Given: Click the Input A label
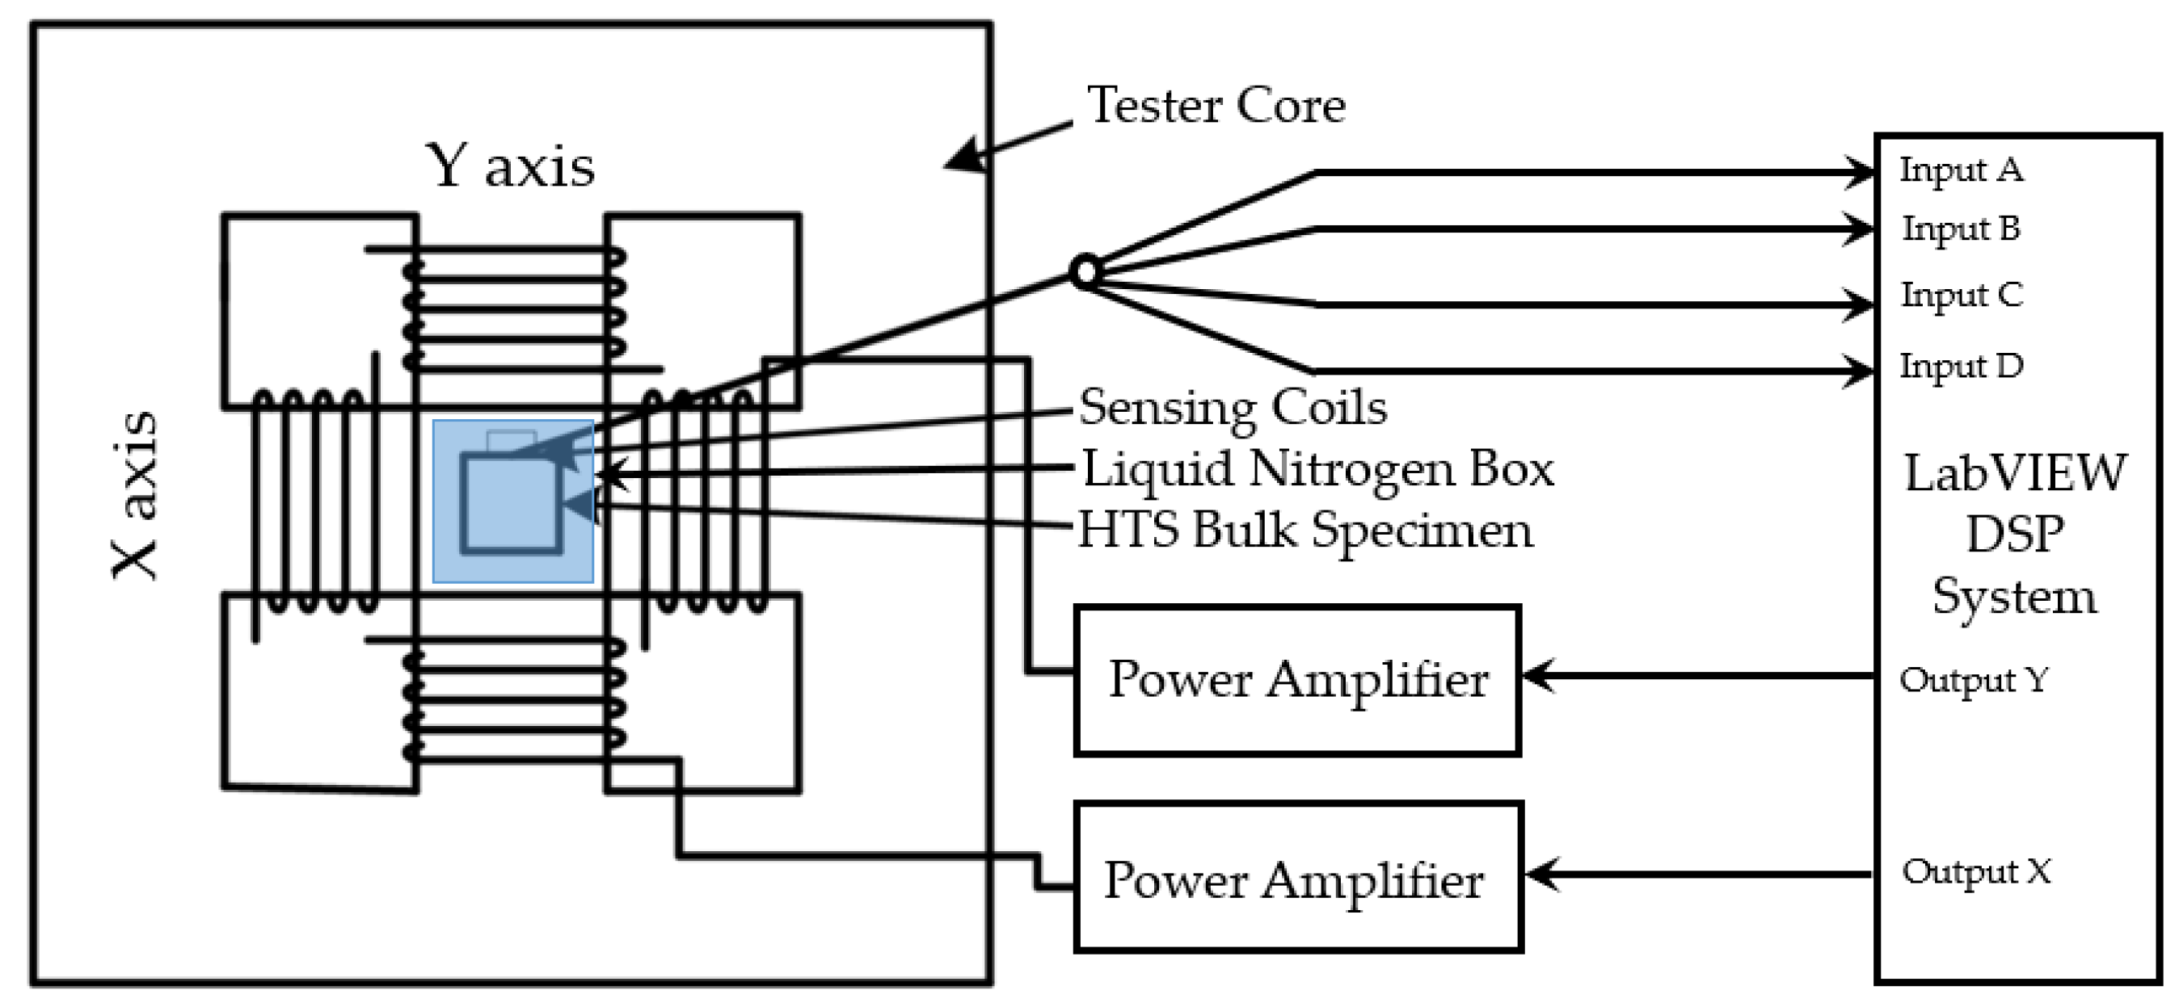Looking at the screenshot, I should point(1961,170).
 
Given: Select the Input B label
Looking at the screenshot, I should point(1961,229).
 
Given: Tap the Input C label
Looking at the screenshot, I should point(1962,295).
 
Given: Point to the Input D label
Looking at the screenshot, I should point(1962,366).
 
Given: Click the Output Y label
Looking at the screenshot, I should point(1974,680).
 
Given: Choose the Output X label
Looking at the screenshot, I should point(1976,871).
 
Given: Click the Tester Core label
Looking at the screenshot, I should point(1216,106).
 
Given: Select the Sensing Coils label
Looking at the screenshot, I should point(1233,408).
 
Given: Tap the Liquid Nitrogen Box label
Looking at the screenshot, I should point(1318,468).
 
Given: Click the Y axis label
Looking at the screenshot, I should point(510,166).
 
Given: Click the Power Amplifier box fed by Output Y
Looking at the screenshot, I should point(1297,680).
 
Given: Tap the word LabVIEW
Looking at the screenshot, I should point(2015,472).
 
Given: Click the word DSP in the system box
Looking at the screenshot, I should point(2015,535).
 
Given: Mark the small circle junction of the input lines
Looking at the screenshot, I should point(1085,272).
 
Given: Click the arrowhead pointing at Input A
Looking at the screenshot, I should point(1859,172).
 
